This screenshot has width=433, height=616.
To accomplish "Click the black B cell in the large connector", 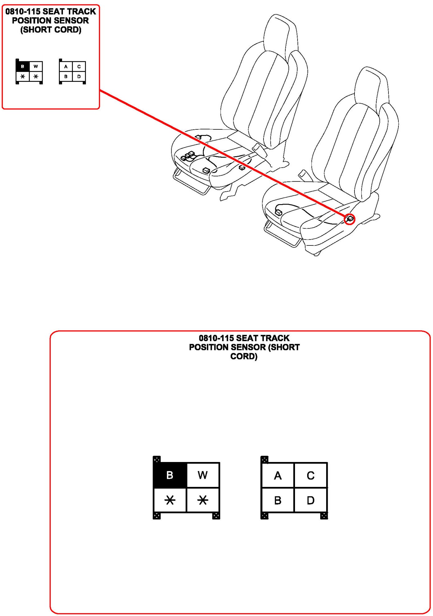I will (x=170, y=475).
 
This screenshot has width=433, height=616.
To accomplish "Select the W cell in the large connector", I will (x=203, y=475).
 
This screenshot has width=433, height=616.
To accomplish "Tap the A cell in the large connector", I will (x=278, y=475).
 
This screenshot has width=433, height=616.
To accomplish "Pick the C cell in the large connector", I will (x=311, y=475).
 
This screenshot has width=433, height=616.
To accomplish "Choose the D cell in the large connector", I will (x=311, y=500).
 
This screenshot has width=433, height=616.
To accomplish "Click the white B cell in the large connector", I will (x=278, y=500).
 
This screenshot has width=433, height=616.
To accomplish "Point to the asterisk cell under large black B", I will (x=170, y=500).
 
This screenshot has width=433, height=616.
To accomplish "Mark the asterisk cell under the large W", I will (x=203, y=500).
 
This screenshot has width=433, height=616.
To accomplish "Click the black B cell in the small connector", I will (x=23, y=67).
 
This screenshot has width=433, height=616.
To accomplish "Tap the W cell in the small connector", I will (x=36, y=67).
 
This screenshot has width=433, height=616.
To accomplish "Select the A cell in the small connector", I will (x=66, y=67).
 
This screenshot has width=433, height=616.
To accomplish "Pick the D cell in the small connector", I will (x=79, y=77).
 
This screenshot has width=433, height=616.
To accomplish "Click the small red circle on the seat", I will (x=350, y=219).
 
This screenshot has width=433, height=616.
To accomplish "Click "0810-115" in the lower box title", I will (x=216, y=338).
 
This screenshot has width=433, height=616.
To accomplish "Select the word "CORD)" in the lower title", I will (x=244, y=357).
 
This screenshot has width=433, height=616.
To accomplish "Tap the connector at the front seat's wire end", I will (x=278, y=212).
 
